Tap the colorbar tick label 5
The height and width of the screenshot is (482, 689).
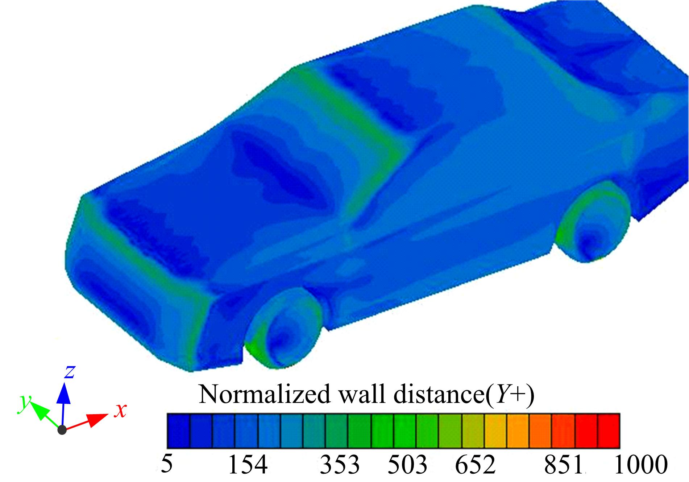click(x=166, y=464)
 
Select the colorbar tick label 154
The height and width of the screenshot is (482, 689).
click(x=248, y=464)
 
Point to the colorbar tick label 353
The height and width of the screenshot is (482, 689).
click(x=340, y=464)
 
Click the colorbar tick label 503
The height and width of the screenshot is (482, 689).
click(x=408, y=464)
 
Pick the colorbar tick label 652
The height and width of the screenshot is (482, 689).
click(x=475, y=464)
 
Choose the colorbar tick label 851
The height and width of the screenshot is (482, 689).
click(x=564, y=464)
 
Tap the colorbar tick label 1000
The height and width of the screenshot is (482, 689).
click(x=641, y=464)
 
